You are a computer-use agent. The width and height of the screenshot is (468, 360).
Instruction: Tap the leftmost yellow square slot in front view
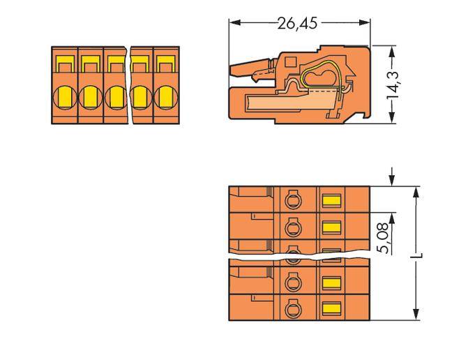tap(64, 66)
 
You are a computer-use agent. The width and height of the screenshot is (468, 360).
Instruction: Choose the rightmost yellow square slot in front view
tap(166, 66)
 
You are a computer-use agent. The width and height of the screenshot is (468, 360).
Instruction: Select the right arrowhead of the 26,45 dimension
tap(368, 23)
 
